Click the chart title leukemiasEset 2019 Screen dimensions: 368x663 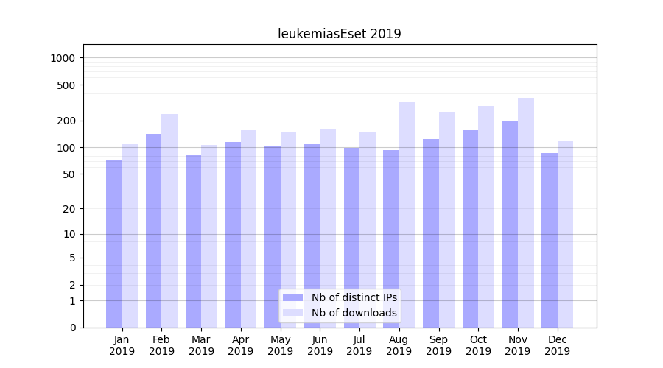coord(339,34)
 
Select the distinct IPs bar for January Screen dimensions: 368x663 coord(114,243)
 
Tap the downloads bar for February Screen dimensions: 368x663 coord(169,221)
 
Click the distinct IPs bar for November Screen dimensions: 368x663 coord(510,224)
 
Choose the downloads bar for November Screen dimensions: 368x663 coord(526,213)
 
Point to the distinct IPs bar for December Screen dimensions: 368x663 coord(550,240)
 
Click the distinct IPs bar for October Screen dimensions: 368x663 coord(470,229)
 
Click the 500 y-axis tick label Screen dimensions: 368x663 coord(67,85)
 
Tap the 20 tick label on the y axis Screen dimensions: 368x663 coord(70,208)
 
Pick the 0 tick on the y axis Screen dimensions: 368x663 coord(72,328)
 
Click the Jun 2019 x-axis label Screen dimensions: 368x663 coord(320,345)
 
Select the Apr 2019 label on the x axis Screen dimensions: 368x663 coord(241,345)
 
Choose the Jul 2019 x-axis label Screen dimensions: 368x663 coord(359,345)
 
